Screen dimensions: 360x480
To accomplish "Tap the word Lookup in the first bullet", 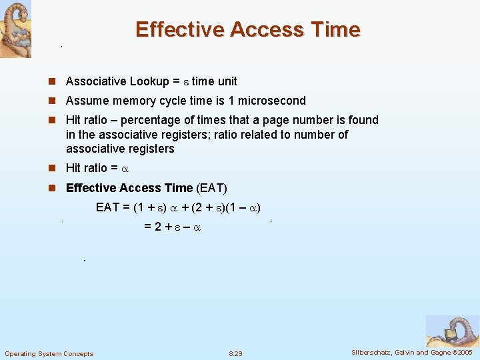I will click(149, 81).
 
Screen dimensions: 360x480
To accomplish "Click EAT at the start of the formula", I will click(107, 207).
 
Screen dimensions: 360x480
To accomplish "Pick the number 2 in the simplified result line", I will click(158, 227).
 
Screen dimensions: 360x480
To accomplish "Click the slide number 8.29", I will click(235, 353).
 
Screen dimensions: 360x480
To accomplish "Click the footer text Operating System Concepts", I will click(49, 353).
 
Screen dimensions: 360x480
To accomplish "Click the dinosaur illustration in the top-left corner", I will click(15, 29).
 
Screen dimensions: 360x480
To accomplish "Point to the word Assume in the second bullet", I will click(84, 101).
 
